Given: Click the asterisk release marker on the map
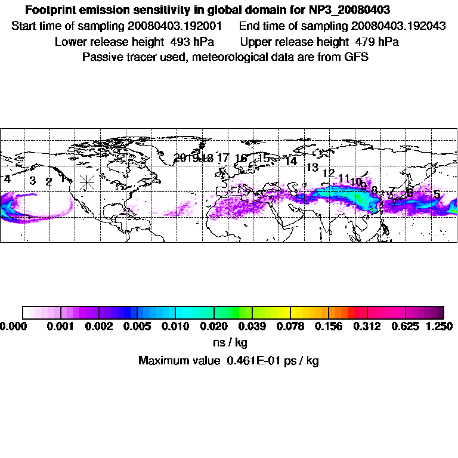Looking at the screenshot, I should (x=87, y=182).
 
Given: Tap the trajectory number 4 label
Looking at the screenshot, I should (x=7, y=179).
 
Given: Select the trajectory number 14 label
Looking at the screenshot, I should (x=291, y=162).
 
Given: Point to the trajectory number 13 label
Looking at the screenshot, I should (x=312, y=168).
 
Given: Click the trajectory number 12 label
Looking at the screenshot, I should (x=329, y=174).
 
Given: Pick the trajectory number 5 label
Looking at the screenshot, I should (x=437, y=195).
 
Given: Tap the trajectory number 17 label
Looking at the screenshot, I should (x=223, y=158).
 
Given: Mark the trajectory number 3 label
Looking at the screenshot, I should (x=33, y=181).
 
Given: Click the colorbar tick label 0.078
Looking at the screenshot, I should (x=291, y=326).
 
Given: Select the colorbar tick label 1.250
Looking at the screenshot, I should (x=439, y=326).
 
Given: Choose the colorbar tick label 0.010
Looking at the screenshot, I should (x=176, y=326).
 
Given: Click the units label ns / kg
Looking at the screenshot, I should (x=230, y=343).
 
